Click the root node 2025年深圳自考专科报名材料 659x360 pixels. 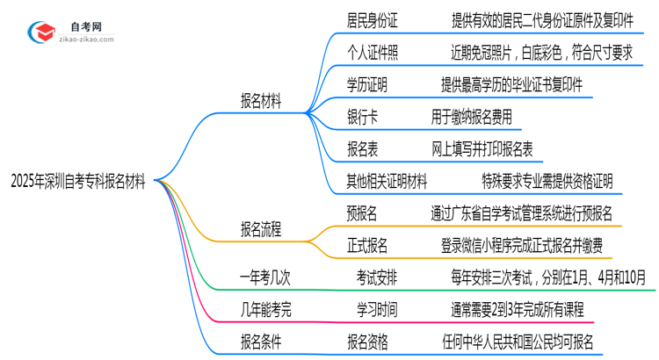[80, 180]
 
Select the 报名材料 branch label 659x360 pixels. [261, 101]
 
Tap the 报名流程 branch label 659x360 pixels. [261, 230]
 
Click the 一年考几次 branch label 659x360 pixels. [264, 277]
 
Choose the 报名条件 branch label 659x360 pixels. [261, 341]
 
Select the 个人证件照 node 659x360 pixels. [373, 53]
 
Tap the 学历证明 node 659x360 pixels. [366, 85]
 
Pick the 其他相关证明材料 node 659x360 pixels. [387, 182]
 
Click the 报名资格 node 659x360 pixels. [366, 341]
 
